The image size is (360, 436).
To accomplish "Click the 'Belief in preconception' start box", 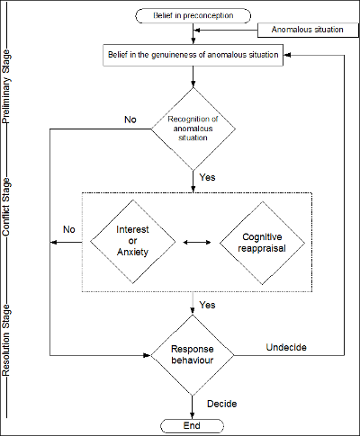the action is pos(193,15).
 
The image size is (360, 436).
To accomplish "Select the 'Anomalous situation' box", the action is pos(308,30).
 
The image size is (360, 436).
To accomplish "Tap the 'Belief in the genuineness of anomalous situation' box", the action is pos(193,55).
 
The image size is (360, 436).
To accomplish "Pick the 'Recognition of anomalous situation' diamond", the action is pos(193,129).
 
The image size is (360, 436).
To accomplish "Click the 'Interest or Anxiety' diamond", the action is pos(132,242).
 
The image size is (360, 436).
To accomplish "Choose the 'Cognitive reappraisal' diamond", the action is pos(262,243).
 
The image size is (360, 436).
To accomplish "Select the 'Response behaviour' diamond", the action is pos(193,355).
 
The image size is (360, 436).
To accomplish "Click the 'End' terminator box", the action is pos(192,425).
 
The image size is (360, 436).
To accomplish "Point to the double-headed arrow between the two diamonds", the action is pos(197,242).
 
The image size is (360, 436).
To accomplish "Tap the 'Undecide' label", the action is pos(286,347).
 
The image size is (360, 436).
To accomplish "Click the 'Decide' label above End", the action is pos(222,404).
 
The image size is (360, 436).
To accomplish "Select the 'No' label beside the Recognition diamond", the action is pos(130,120).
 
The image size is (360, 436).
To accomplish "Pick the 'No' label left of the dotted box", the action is pos(69,229).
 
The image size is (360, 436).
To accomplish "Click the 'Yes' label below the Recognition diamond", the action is pos(207,177).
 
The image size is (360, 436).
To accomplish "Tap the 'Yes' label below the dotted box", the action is pos(207,305).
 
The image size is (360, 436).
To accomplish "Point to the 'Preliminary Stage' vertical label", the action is pos(6,86).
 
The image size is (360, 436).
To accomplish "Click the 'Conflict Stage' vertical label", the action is pos(6,207).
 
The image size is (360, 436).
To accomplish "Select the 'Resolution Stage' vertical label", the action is pos(6,340).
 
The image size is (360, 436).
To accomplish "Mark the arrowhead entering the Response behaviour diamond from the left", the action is pos(147,355).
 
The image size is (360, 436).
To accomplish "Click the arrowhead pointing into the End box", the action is pos(192,415).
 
